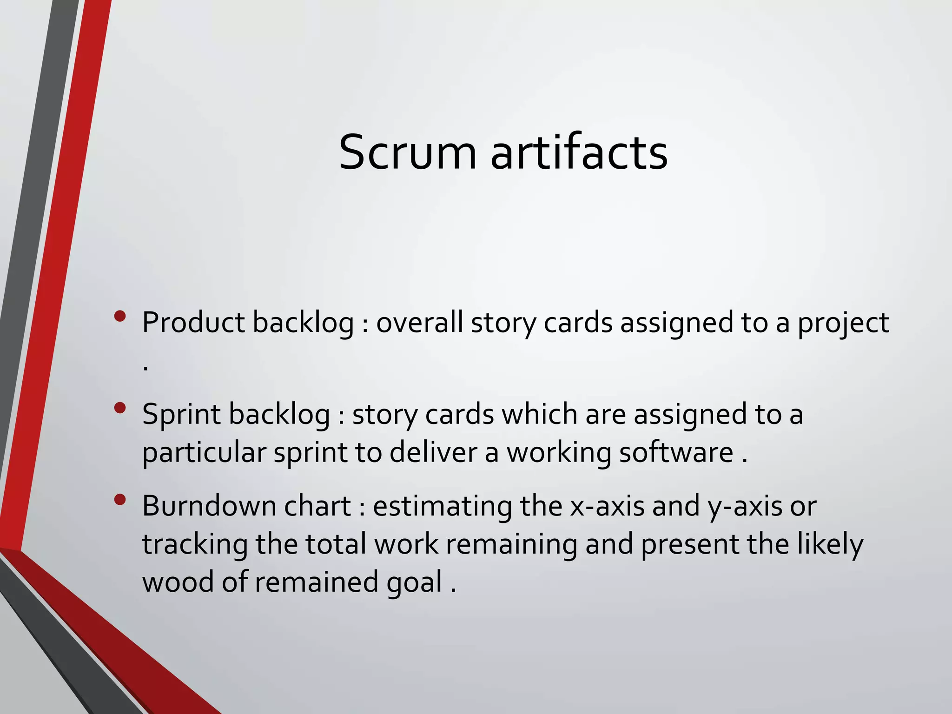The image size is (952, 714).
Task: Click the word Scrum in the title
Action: click(408, 152)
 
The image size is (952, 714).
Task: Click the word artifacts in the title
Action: click(579, 152)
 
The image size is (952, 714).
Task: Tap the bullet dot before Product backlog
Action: click(119, 317)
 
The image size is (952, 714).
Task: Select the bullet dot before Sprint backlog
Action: click(119, 408)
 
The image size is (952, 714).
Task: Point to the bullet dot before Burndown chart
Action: click(119, 500)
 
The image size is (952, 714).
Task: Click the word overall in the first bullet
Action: click(419, 322)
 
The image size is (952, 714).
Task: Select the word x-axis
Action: click(607, 506)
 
